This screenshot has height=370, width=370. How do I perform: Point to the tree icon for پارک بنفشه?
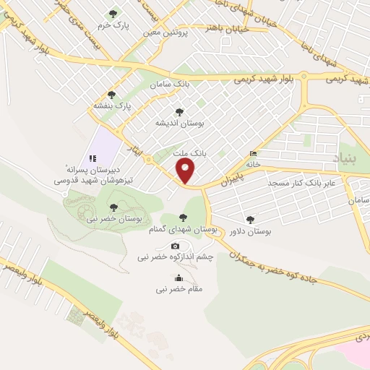coord(111,94)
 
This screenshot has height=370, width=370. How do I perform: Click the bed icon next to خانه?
coord(252,154)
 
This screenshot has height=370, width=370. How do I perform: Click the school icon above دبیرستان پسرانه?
coord(92,158)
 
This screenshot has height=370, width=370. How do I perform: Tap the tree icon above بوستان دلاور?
coord(251,220)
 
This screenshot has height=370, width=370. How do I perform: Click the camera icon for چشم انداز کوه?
coord(174,246)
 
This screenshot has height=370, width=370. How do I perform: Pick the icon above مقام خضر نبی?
coord(178,279)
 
